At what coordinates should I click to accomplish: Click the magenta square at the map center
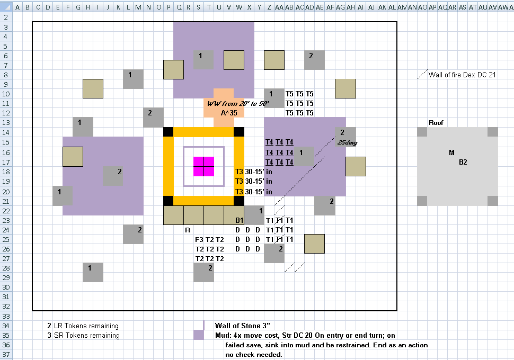(203, 166)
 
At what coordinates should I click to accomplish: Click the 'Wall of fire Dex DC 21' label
(462, 75)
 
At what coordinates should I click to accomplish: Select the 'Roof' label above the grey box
(436, 122)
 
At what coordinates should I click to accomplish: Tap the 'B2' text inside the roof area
(463, 162)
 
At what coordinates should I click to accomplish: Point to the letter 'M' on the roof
(451, 152)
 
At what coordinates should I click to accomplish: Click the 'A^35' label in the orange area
(229, 113)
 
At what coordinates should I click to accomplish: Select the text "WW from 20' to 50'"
(238, 104)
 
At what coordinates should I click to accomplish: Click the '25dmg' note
(347, 142)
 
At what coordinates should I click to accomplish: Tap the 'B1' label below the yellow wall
(240, 220)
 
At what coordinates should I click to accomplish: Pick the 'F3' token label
(199, 240)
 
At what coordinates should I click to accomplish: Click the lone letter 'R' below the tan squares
(188, 230)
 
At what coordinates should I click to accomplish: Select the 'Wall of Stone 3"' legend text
(243, 326)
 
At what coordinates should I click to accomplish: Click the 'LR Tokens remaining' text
(86, 326)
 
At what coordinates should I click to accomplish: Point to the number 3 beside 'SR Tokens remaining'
(49, 336)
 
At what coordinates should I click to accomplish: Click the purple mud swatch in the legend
(199, 335)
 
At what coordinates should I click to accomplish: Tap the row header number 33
(6, 316)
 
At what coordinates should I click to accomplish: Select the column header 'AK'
(382, 7)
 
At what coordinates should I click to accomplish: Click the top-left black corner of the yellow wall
(168, 132)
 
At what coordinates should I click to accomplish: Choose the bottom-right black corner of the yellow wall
(239, 201)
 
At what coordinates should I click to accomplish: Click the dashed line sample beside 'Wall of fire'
(422, 74)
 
